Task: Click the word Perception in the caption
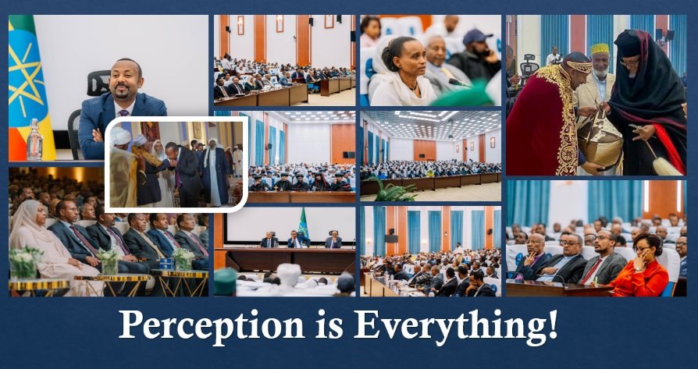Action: point(212,326)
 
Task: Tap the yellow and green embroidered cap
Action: point(600,49)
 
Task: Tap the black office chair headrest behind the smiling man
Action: point(98,83)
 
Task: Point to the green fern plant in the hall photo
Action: point(394,190)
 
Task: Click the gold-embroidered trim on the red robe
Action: point(564,120)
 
